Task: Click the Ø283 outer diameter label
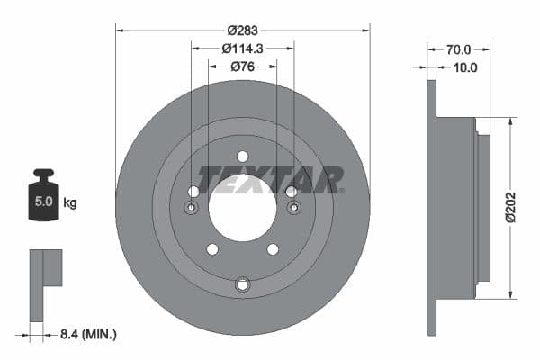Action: (243, 31)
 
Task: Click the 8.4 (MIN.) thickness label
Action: (85, 334)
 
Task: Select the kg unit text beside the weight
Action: (69, 202)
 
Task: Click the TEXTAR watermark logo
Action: (270, 179)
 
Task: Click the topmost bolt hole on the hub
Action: (242, 157)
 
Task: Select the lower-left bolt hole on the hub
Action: (212, 249)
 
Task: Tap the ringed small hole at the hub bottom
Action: (242, 285)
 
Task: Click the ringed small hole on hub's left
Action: (192, 209)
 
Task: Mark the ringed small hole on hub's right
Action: (293, 209)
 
